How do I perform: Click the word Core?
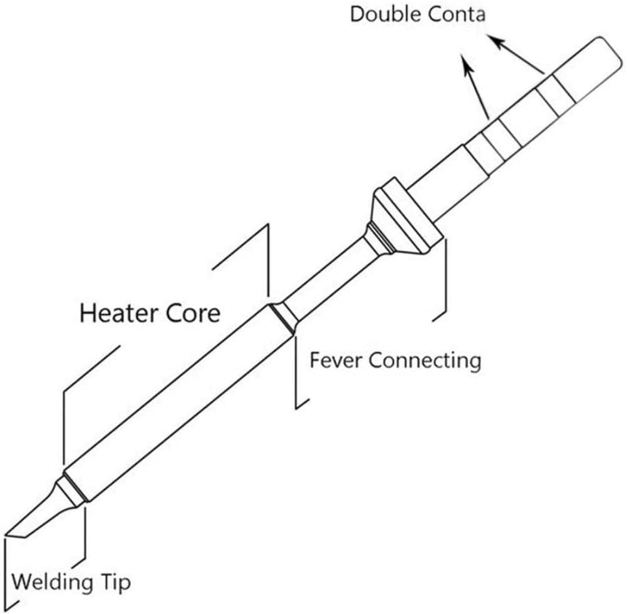tap(193, 313)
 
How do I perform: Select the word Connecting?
tap(425, 361)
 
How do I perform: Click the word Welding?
tap(53, 582)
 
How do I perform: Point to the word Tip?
tap(115, 583)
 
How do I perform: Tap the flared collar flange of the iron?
tap(406, 217)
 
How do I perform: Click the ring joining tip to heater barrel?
tap(72, 491)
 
